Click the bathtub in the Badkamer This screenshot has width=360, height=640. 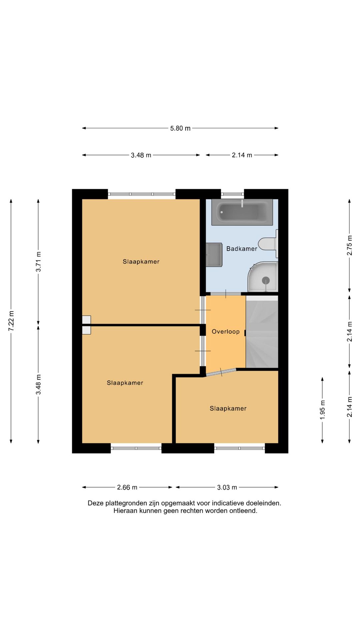242,212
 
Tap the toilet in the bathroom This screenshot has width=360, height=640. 267,244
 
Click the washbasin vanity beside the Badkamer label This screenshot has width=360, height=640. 214,255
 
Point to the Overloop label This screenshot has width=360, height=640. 226,332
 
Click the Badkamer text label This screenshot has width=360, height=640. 242,249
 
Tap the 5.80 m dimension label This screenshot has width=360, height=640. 180,128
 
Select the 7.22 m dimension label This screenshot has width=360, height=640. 11,321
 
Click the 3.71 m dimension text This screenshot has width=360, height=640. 38,262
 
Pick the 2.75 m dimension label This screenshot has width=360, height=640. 349,245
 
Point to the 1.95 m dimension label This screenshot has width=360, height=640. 322,410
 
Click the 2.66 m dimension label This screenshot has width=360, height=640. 127,487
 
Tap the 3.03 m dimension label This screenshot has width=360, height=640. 227,487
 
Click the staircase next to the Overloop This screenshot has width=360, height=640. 262,332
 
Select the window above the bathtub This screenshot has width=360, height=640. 232,194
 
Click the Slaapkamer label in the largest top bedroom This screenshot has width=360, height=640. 141,262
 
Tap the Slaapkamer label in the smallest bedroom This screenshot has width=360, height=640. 228,409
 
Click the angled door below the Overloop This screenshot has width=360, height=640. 221,372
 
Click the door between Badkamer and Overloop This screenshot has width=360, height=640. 226,294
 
